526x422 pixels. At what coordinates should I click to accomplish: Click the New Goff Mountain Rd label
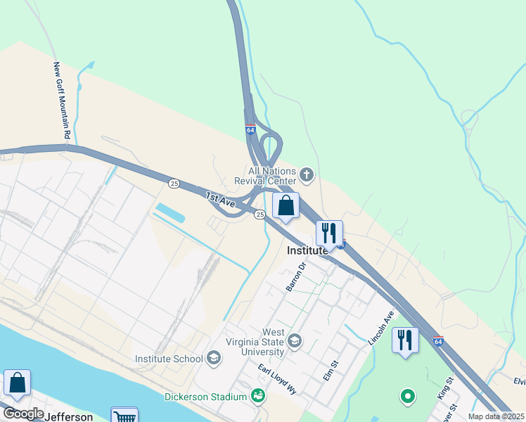pyautogui.click(x=63, y=99)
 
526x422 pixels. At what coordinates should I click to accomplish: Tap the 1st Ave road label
pyautogui.click(x=220, y=200)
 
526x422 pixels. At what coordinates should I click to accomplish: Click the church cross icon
pyautogui.click(x=306, y=173)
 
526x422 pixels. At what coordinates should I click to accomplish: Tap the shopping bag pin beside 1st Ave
pyautogui.click(x=286, y=207)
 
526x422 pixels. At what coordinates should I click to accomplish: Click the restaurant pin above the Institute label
pyautogui.click(x=329, y=233)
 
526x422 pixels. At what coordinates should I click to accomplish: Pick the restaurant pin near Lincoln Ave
pyautogui.click(x=405, y=341)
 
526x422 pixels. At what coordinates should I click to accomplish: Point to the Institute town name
pyautogui.click(x=307, y=250)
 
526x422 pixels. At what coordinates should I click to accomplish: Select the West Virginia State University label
pyautogui.click(x=264, y=342)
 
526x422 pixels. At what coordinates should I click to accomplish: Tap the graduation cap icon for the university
pyautogui.click(x=295, y=341)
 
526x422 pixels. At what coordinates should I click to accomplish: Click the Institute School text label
pyautogui.click(x=169, y=359)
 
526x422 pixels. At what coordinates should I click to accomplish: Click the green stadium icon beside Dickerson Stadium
pyautogui.click(x=259, y=396)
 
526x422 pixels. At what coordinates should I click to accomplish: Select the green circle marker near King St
pyautogui.click(x=407, y=397)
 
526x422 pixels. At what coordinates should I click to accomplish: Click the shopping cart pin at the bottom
pyautogui.click(x=124, y=416)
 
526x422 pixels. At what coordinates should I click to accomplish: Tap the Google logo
pyautogui.click(x=23, y=414)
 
